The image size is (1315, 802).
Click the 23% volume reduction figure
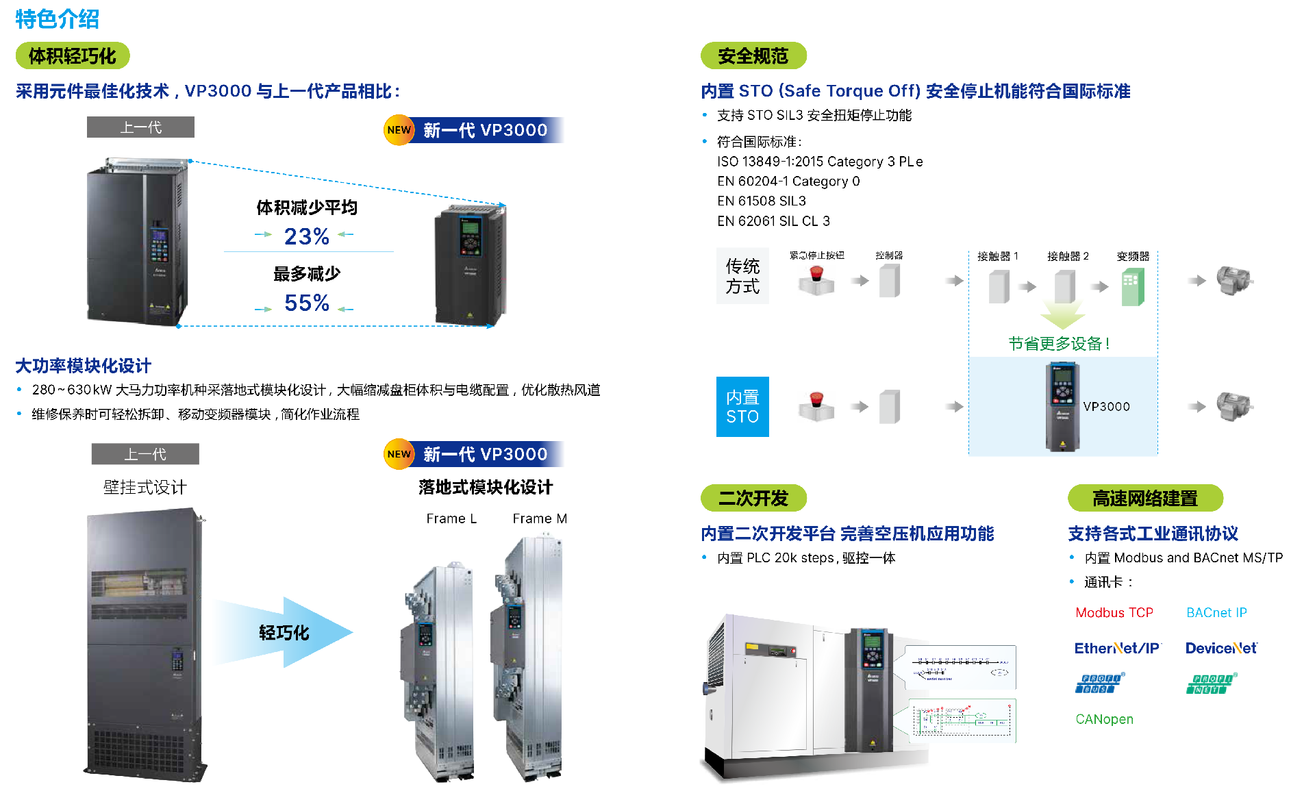306,236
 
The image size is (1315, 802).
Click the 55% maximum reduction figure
306,303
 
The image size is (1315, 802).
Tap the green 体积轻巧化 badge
73,56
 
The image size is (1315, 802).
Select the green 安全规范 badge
753,56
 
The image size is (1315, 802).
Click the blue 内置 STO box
742,407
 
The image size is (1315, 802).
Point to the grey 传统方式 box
742,276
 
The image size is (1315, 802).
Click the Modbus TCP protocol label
1114,613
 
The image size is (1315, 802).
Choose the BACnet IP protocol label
1216,613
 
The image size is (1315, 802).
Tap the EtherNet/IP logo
1117,649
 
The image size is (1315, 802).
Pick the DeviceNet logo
1221,649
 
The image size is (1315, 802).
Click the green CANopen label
1104,719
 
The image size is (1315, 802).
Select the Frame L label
451,519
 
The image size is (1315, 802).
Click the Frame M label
540,519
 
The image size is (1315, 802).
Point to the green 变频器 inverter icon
1133,287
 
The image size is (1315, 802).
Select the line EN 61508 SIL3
762,201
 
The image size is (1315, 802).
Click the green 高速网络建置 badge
1144,499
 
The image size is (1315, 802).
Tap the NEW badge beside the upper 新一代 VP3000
399,130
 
